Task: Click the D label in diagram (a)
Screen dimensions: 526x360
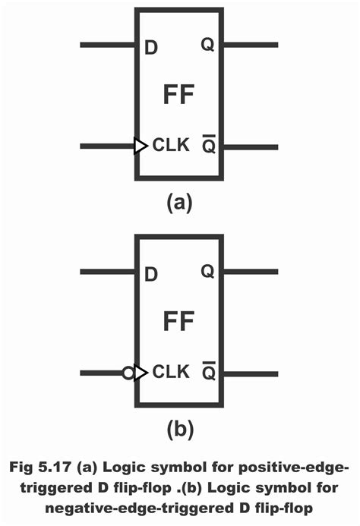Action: click(150, 47)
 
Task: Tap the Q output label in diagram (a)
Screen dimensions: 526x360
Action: click(207, 45)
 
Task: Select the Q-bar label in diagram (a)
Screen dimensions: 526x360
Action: click(207, 145)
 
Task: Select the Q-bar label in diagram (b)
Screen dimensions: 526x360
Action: click(207, 372)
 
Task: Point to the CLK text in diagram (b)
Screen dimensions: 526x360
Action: click(170, 372)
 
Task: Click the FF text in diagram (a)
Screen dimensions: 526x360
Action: click(179, 95)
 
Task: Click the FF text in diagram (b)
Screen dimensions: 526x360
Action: click(179, 322)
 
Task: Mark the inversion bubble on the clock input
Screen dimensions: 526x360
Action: click(128, 373)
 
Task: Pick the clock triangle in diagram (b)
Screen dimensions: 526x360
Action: click(141, 373)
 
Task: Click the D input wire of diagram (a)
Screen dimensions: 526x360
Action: click(107, 45)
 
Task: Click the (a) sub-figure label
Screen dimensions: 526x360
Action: click(179, 203)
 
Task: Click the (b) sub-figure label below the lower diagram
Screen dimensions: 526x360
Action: click(179, 430)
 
